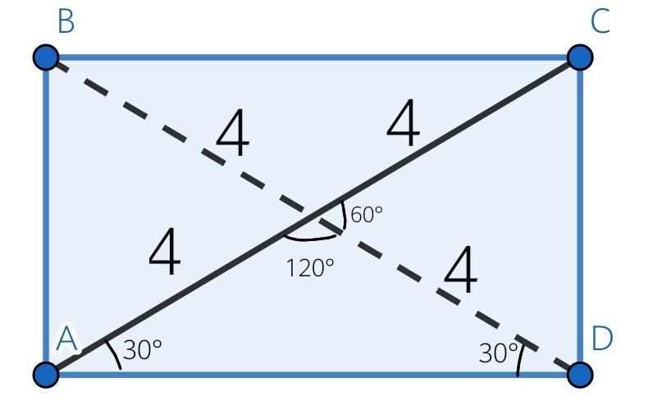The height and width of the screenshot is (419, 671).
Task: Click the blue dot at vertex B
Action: click(x=46, y=57)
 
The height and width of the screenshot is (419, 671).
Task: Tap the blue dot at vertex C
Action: click(x=580, y=57)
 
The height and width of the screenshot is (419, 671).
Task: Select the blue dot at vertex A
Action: click(x=46, y=375)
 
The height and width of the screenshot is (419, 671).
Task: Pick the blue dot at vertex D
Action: click(x=580, y=375)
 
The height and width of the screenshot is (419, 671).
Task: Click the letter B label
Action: click(x=66, y=22)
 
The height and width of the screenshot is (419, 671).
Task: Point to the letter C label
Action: click(x=600, y=21)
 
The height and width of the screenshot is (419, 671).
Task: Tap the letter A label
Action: click(x=67, y=338)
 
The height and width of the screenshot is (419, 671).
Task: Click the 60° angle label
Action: click(x=367, y=214)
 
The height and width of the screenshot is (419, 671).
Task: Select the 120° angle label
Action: click(x=310, y=268)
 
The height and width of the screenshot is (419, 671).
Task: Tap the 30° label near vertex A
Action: click(x=142, y=350)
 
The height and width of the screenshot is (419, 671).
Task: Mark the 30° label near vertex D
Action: click(x=498, y=353)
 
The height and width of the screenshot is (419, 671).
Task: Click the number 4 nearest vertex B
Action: click(x=232, y=132)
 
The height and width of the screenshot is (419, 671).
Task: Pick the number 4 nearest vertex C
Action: click(x=403, y=123)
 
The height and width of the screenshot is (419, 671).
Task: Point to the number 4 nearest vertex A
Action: click(x=165, y=251)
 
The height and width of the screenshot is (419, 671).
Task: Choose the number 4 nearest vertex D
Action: click(x=460, y=270)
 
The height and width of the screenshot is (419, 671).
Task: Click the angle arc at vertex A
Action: click(x=114, y=354)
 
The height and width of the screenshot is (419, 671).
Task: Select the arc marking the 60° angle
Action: click(x=342, y=216)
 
